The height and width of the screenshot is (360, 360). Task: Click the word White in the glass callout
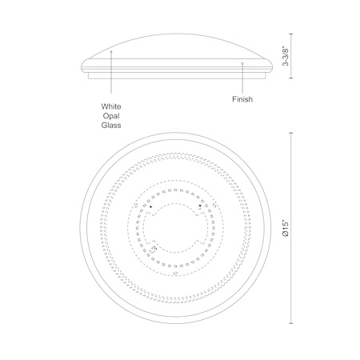pyautogui.click(x=111, y=106)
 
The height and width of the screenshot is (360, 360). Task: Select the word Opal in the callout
pyautogui.click(x=111, y=116)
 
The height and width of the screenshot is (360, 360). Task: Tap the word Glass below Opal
pyautogui.click(x=111, y=126)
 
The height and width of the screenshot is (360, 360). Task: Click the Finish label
pyautogui.click(x=242, y=99)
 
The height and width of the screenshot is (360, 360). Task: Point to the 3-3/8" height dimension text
pyautogui.click(x=286, y=57)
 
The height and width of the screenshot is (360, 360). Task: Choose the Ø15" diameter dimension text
pyautogui.click(x=286, y=228)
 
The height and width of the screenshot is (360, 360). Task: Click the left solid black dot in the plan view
pyautogui.click(x=150, y=206)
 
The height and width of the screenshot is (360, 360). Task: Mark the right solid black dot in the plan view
pyautogui.click(x=200, y=206)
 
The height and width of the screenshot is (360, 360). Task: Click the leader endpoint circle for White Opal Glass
pyautogui.click(x=111, y=51)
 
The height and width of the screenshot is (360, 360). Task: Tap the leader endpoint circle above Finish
pyautogui.click(x=242, y=63)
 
